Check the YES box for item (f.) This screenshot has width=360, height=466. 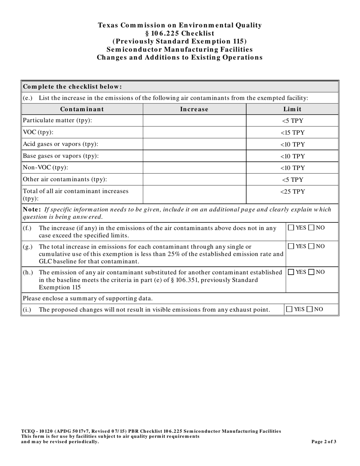(x=291, y=228)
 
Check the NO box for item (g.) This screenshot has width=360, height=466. (x=311, y=246)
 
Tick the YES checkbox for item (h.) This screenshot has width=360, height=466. (x=291, y=272)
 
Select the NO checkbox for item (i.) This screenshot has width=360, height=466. (x=310, y=309)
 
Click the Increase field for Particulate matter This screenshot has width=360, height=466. (x=194, y=121)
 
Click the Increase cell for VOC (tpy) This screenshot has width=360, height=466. (x=194, y=133)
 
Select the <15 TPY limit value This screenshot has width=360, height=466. (x=293, y=133)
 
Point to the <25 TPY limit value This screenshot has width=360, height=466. (x=293, y=191)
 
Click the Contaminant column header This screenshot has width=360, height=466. (x=82, y=109)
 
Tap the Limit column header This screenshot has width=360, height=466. (x=293, y=109)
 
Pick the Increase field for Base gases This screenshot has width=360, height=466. (x=194, y=156)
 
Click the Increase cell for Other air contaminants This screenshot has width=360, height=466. (x=194, y=180)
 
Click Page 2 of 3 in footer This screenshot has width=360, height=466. (x=324, y=441)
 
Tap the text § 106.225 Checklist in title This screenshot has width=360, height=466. (x=180, y=33)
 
